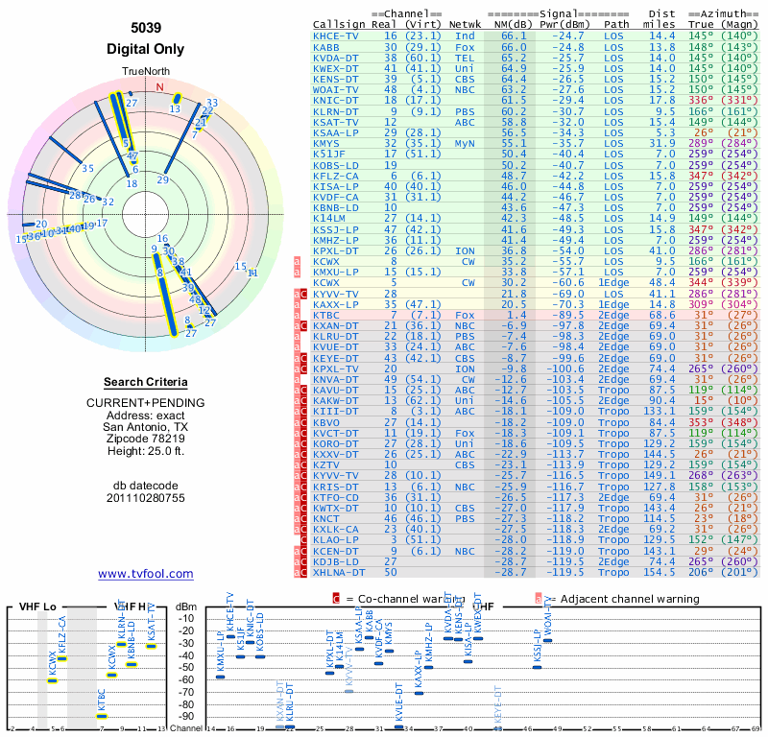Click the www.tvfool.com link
145,574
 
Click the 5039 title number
145,29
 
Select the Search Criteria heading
145,382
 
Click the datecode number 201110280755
145,497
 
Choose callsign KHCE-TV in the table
337,35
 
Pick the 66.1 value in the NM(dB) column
509,35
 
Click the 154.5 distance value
687,572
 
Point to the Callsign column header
339,23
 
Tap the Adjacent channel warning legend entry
619,599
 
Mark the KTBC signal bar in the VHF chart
102,716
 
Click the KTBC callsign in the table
326,314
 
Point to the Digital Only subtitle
145,49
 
